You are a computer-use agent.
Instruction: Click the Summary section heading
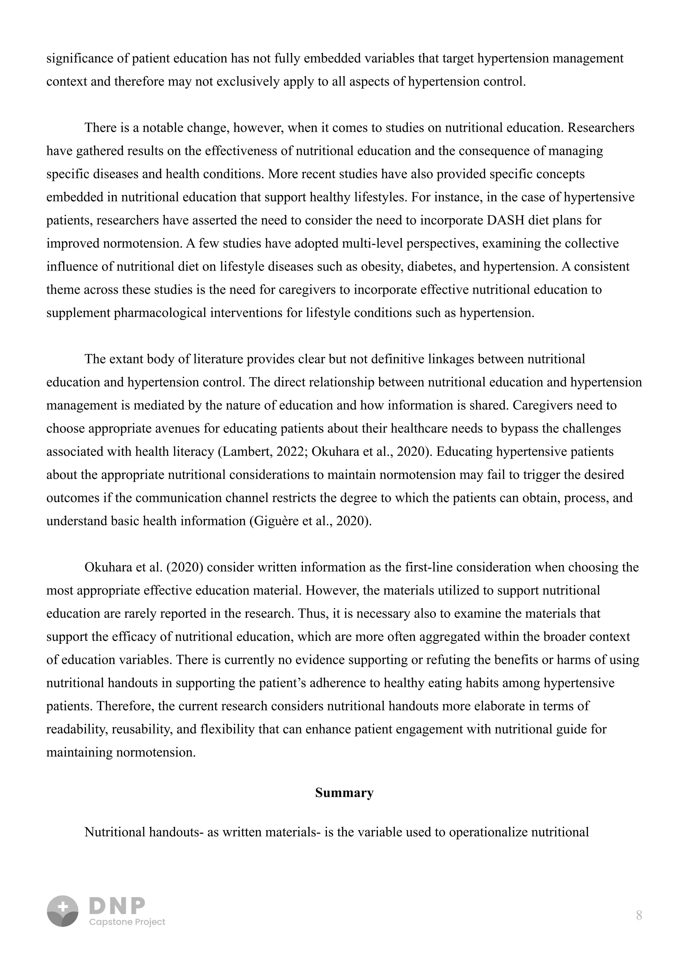click(x=344, y=793)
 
